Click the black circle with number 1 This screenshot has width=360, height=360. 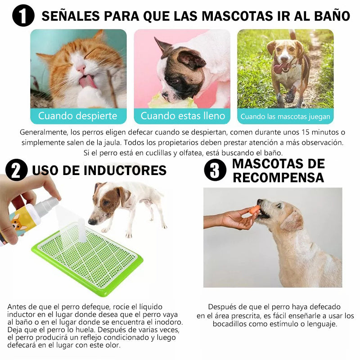23,15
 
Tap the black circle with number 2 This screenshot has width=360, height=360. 17,170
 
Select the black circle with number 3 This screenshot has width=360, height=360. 215,170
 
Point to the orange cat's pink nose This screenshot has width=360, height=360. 81,68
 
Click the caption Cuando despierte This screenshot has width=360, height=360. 77,116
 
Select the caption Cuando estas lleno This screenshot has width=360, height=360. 183,116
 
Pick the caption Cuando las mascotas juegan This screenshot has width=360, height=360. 285,117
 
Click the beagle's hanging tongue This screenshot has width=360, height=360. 279,68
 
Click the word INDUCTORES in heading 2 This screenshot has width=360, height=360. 125,171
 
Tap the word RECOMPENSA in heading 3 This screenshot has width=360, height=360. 278,177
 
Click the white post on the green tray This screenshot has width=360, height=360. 82,230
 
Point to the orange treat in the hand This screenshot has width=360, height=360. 255,210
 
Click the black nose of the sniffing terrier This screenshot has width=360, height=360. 92,221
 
